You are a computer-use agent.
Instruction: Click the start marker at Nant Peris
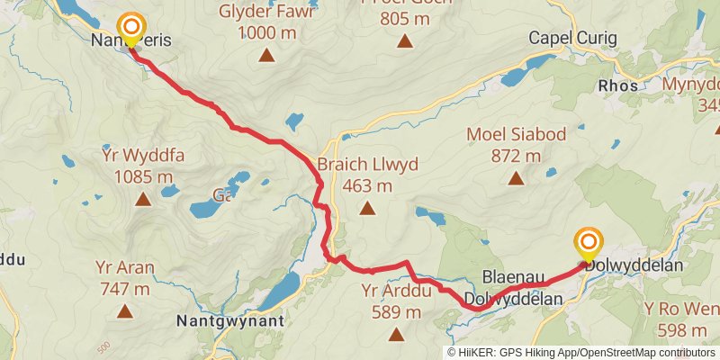coord(131,27)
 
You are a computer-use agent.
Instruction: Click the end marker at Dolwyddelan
coord(589,242)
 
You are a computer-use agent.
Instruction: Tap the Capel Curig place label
coord(572,38)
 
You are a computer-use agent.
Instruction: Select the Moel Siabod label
coord(516,135)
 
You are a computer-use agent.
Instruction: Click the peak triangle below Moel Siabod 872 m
coord(516,177)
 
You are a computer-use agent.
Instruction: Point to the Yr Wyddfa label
coord(144,156)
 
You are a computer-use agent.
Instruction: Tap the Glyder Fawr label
coord(266,13)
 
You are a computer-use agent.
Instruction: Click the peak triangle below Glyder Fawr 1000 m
coord(266,56)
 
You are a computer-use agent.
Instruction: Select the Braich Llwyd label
coord(367,166)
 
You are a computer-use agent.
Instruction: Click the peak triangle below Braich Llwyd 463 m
coord(367,209)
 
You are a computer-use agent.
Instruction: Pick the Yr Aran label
coord(124,267)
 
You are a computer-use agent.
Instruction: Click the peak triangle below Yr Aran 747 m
coord(124,311)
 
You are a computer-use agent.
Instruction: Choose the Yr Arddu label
coord(396,291)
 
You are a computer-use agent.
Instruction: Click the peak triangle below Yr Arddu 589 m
coord(396,335)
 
